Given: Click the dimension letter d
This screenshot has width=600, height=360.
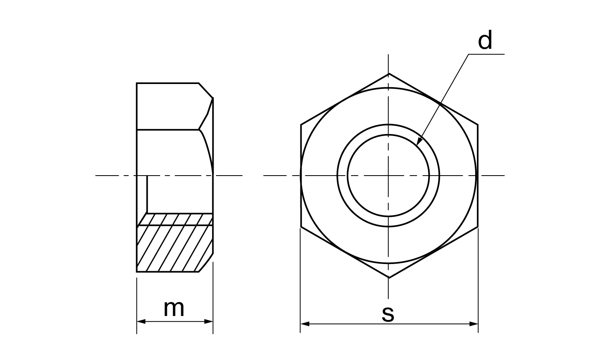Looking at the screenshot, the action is [485, 40].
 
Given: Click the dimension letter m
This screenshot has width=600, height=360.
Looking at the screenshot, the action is [174, 308].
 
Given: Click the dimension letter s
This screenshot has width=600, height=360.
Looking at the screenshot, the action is [388, 314].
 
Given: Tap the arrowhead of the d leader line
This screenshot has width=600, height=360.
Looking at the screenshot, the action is [419, 141].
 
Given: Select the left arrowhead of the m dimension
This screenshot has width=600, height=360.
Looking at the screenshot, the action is [141, 322].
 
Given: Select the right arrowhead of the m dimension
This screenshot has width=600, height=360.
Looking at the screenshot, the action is [209, 322].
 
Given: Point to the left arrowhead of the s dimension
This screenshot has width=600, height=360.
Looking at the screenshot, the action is [305, 324].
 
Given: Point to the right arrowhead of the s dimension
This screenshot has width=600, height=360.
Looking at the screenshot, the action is [474, 324].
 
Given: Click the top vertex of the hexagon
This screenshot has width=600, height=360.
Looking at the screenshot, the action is [389, 73].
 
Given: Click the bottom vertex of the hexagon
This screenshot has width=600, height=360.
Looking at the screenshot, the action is [389, 278].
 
